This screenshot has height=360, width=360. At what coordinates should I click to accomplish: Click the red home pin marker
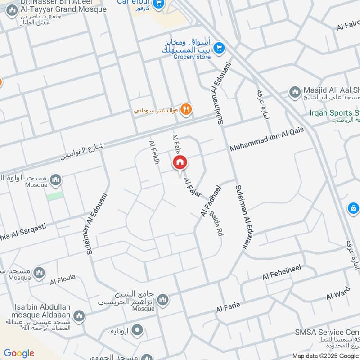coord(179,163)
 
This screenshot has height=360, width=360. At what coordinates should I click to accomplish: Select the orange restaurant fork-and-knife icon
coord(186,109)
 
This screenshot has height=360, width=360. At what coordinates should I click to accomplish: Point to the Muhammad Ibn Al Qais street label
coord(267,139)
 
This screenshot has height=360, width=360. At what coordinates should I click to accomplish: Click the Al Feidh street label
coord(154,152)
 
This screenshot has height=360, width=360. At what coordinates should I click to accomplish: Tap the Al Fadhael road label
coord(211,202)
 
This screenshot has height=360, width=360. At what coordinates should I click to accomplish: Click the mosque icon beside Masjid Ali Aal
coord(295,92)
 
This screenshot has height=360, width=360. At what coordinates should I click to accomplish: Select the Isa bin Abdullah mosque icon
coord(79,316)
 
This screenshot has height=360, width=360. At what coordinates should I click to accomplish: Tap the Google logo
coord(19,353)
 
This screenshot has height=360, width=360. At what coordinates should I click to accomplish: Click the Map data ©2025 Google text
coord(325,355)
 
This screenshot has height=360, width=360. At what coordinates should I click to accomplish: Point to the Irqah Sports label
coord(335,112)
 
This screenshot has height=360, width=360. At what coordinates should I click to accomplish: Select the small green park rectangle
coord(55,196)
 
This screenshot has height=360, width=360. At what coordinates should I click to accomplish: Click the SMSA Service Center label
coord(327,333)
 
